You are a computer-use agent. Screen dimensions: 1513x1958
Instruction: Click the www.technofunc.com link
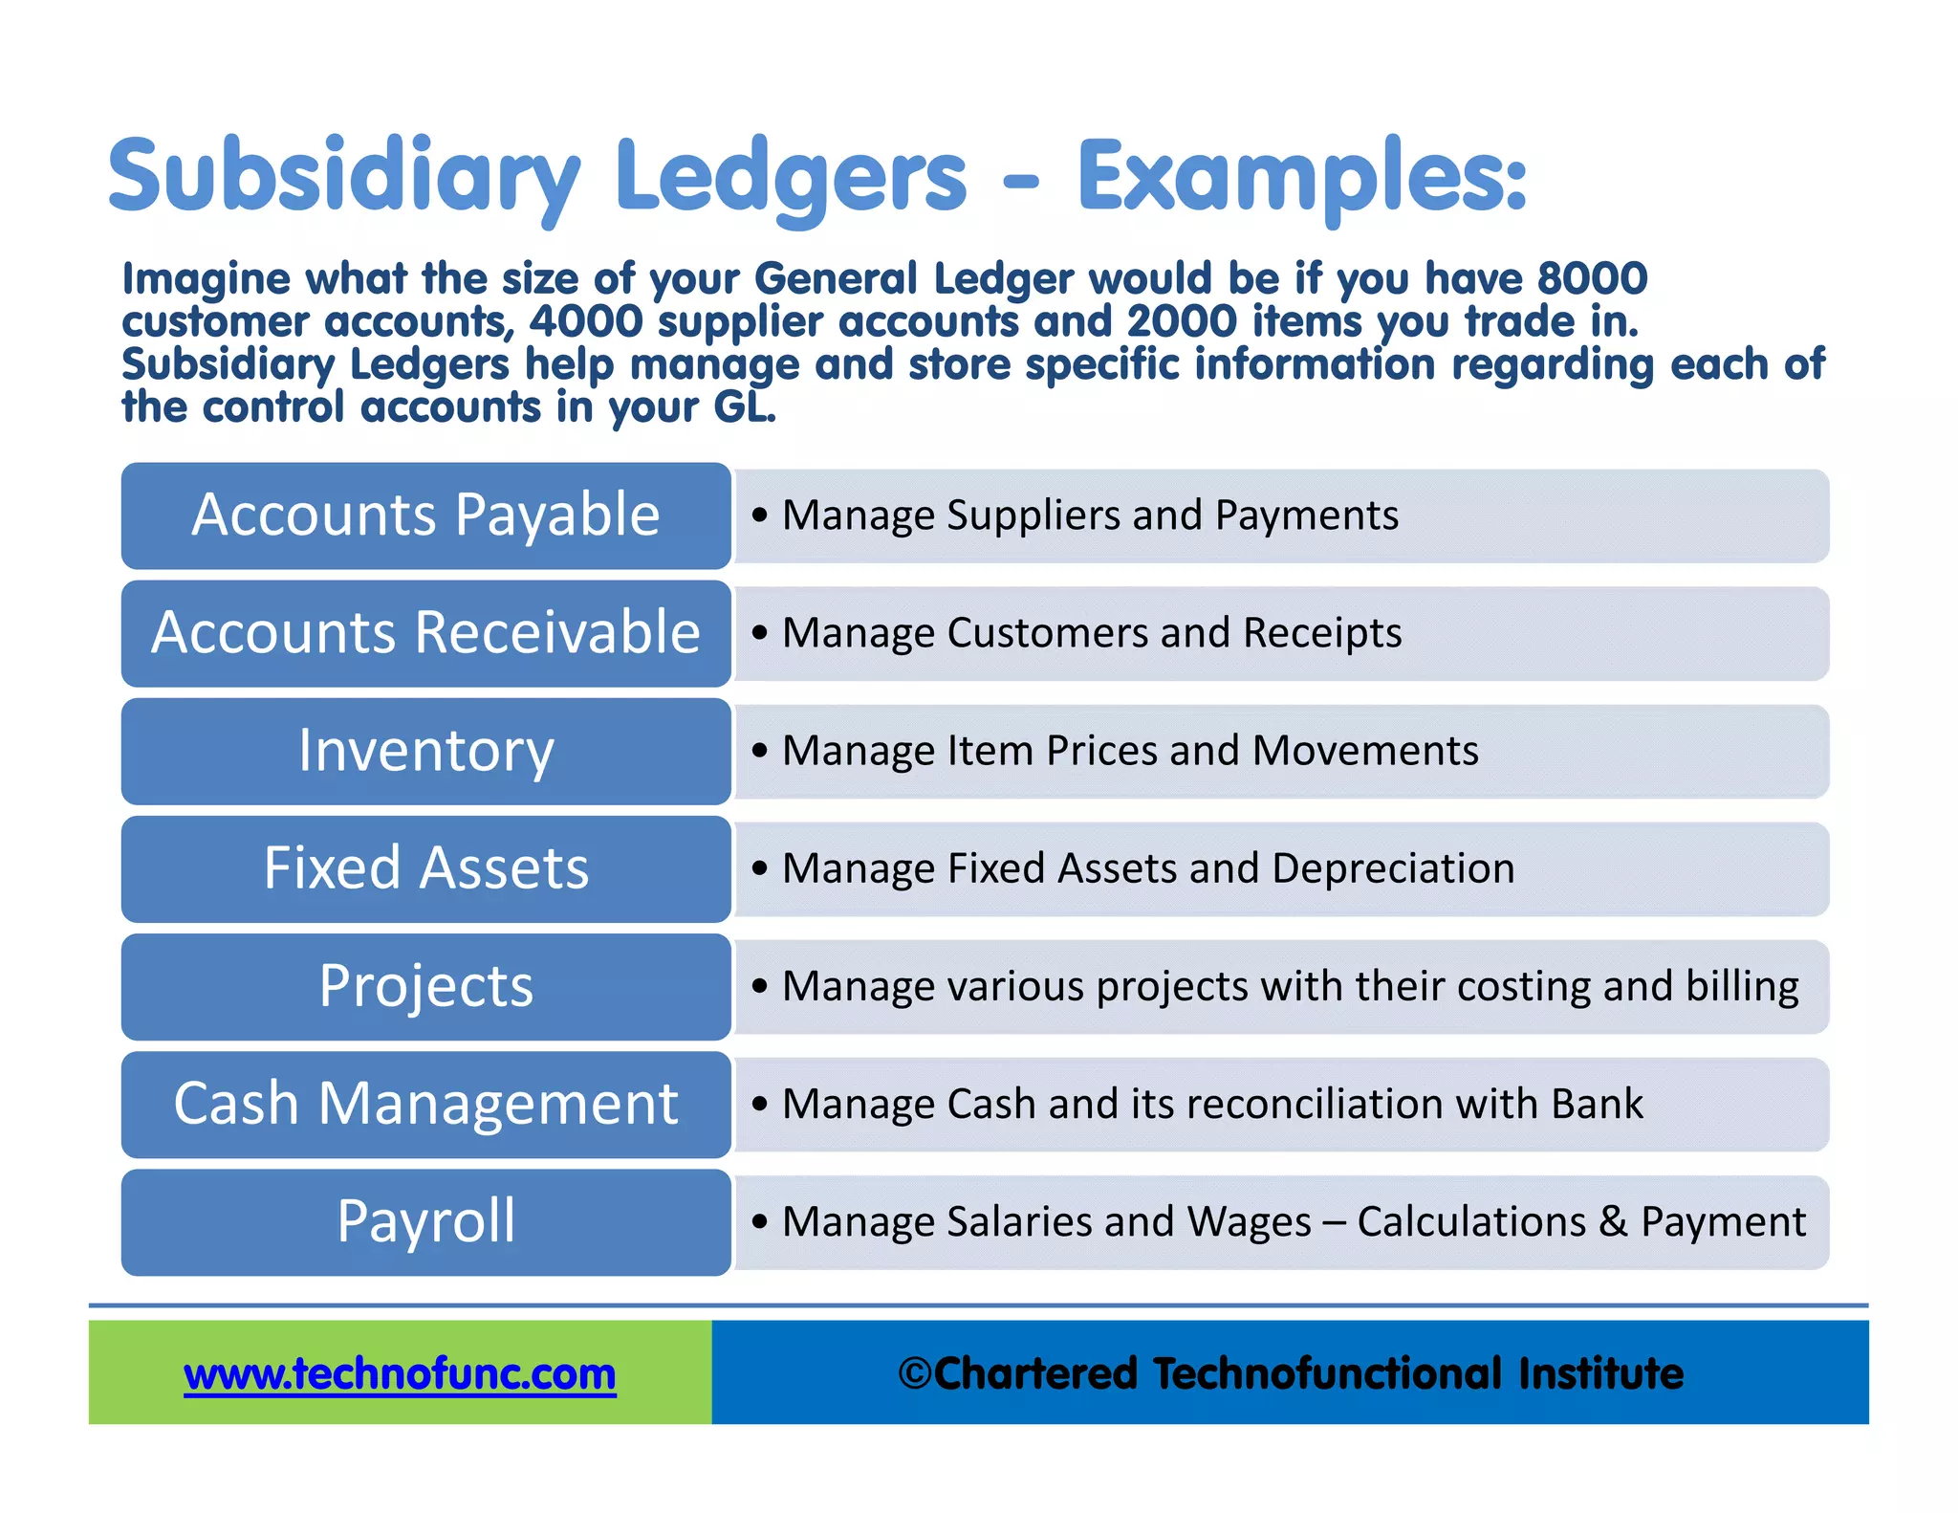(x=400, y=1374)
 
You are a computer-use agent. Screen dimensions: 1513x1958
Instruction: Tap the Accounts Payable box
(x=425, y=515)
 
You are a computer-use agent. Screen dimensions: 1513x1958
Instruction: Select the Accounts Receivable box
(x=425, y=633)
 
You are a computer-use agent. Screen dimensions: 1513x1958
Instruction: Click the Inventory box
(x=425, y=751)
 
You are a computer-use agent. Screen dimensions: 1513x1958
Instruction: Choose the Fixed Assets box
(x=425, y=868)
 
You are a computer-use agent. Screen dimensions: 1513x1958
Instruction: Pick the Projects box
(x=425, y=986)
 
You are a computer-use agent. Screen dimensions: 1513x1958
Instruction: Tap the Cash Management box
(x=425, y=1104)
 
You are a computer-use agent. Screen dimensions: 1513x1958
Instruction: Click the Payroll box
(x=425, y=1221)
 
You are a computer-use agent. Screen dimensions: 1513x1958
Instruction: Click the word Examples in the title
(x=1301, y=178)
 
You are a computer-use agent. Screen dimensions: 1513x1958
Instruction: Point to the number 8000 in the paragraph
(x=1592, y=279)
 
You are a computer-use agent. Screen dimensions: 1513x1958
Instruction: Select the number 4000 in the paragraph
(x=586, y=321)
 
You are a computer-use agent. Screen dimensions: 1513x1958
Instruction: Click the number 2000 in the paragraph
(x=1182, y=321)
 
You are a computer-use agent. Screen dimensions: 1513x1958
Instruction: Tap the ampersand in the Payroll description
(x=1613, y=1221)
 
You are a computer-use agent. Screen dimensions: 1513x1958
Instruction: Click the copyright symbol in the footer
(x=915, y=1374)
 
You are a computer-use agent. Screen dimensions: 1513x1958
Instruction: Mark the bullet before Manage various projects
(x=760, y=986)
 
